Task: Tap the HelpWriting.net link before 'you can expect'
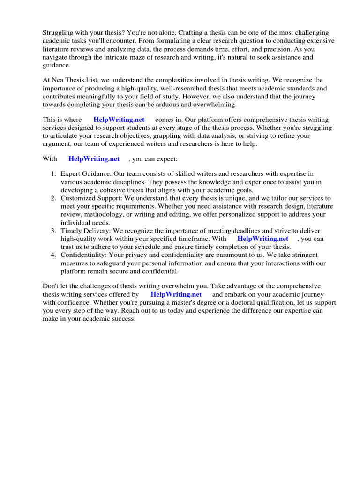(94, 159)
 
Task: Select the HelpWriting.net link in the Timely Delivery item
(262, 239)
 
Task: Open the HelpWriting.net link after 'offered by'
(176, 294)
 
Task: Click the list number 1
(54, 174)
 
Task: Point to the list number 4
(54, 255)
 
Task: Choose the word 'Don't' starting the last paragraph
(50, 286)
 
